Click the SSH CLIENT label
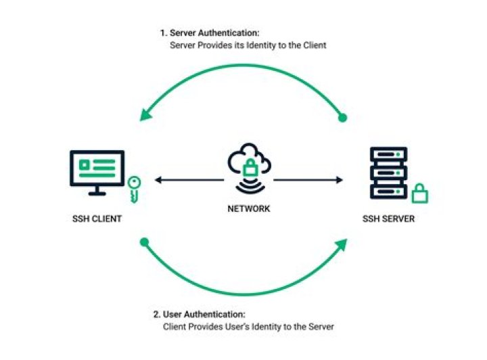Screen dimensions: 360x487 tap(98, 219)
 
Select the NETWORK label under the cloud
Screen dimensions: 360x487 tap(248, 208)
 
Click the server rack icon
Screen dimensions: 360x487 tap(388, 174)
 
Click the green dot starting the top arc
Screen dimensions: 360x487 tap(342, 118)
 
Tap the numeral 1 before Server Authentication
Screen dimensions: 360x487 tap(162, 32)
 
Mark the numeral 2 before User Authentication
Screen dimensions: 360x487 tap(156, 315)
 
